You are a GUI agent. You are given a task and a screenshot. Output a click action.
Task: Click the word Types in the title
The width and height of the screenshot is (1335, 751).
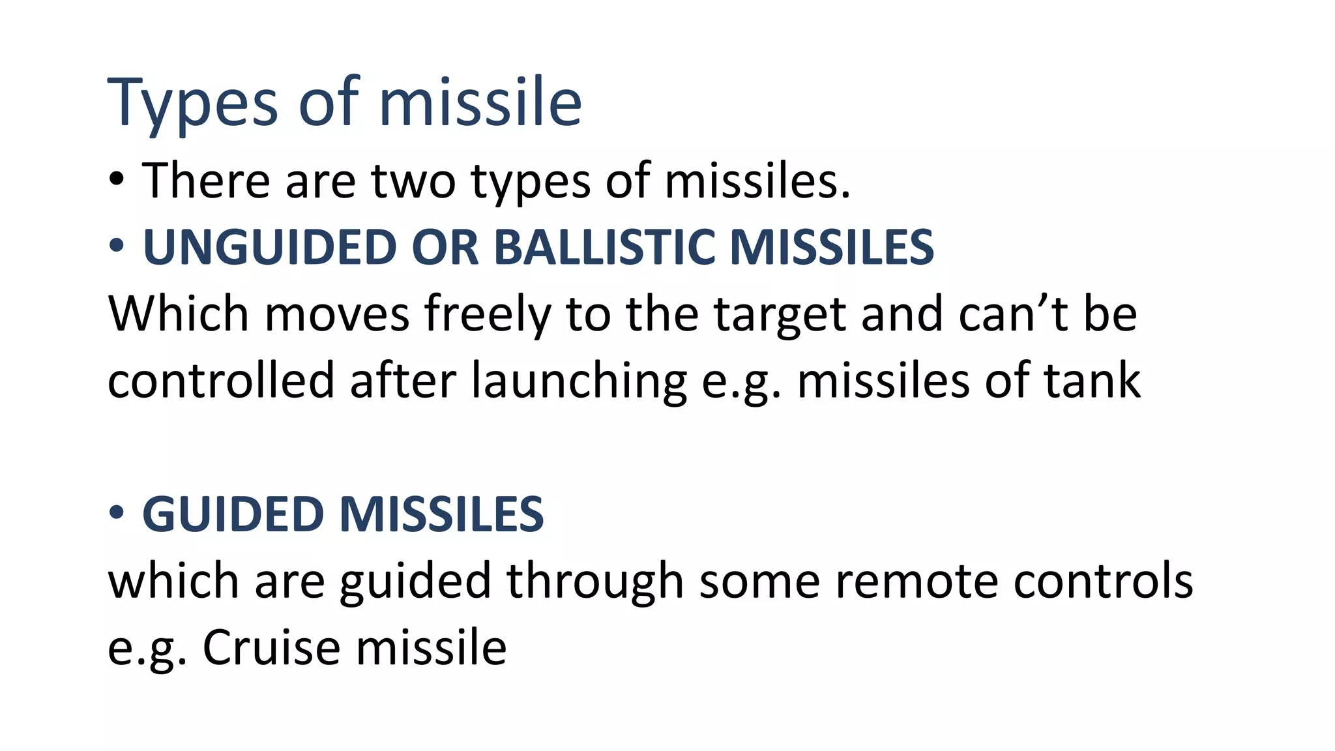point(193,103)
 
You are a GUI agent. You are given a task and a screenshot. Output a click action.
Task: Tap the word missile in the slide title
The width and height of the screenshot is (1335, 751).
point(480,102)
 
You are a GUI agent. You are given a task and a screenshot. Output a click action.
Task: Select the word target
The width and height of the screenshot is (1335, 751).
point(780,314)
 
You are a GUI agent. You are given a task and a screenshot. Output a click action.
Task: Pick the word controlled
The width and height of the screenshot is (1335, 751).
point(221,381)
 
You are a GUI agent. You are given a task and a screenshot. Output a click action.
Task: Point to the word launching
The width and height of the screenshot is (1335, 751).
point(579,381)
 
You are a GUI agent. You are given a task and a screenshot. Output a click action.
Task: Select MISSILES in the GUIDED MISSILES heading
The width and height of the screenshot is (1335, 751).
point(441,514)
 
